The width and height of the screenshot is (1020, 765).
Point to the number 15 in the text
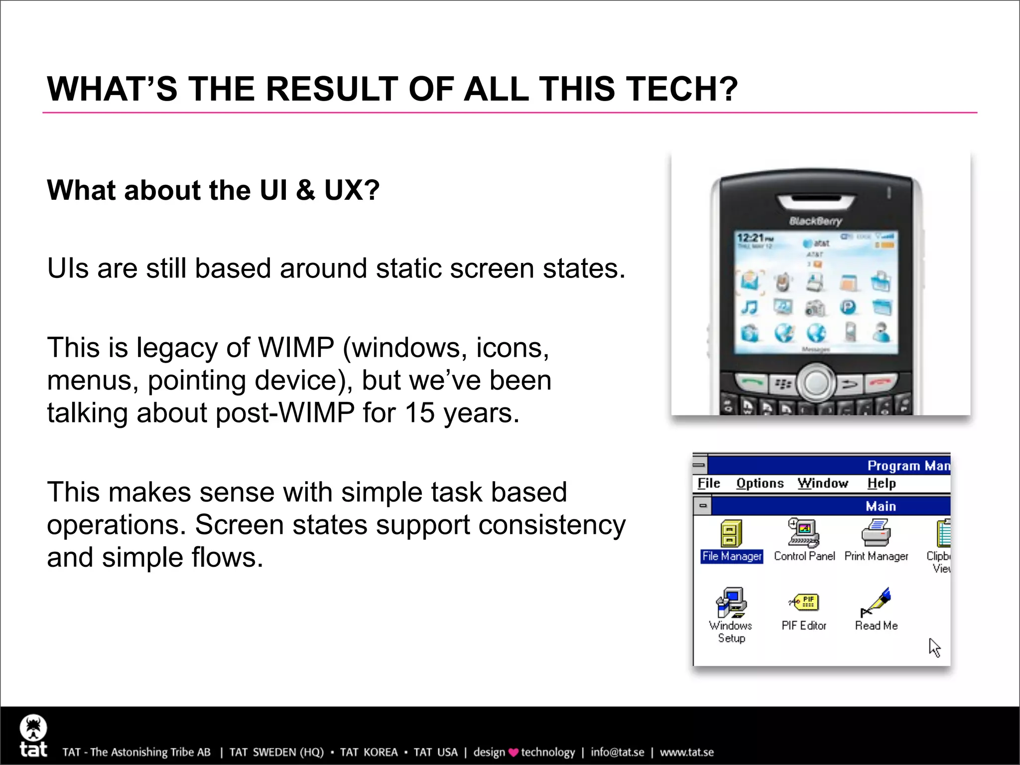419,413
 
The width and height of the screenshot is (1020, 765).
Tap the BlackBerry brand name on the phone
815,221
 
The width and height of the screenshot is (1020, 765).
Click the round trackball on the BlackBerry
816,382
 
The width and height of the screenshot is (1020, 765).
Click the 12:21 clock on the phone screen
751,238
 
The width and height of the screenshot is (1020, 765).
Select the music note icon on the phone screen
749,307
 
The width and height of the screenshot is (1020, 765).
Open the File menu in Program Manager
708,483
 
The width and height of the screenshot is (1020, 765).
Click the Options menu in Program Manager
760,483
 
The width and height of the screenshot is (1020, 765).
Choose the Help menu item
881,483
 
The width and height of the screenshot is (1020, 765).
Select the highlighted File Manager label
731,556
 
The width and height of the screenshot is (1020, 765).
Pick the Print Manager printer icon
876,533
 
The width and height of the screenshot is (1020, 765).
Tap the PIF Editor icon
804,603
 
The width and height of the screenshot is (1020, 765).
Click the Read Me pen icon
876,602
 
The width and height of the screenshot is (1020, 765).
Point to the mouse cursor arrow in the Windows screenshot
934,647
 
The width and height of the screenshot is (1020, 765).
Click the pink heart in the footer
513,753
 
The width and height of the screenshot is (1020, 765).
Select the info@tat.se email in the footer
617,752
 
